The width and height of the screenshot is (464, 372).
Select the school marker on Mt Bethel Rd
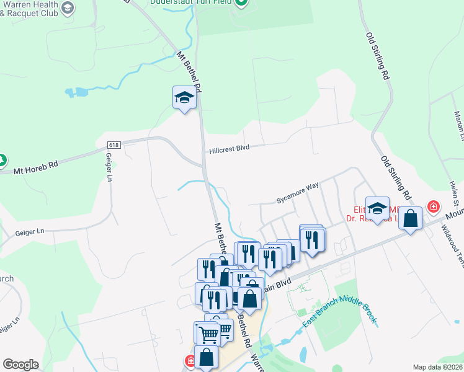click(184, 98)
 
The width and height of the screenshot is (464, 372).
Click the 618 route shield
click(112, 145)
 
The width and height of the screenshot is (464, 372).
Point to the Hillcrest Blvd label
click(229, 149)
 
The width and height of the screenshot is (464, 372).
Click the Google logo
click(20, 365)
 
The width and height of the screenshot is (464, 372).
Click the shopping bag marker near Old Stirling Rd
click(411, 218)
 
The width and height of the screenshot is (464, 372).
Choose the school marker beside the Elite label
click(377, 208)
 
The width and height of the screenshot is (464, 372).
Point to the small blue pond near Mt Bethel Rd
click(78, 93)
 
